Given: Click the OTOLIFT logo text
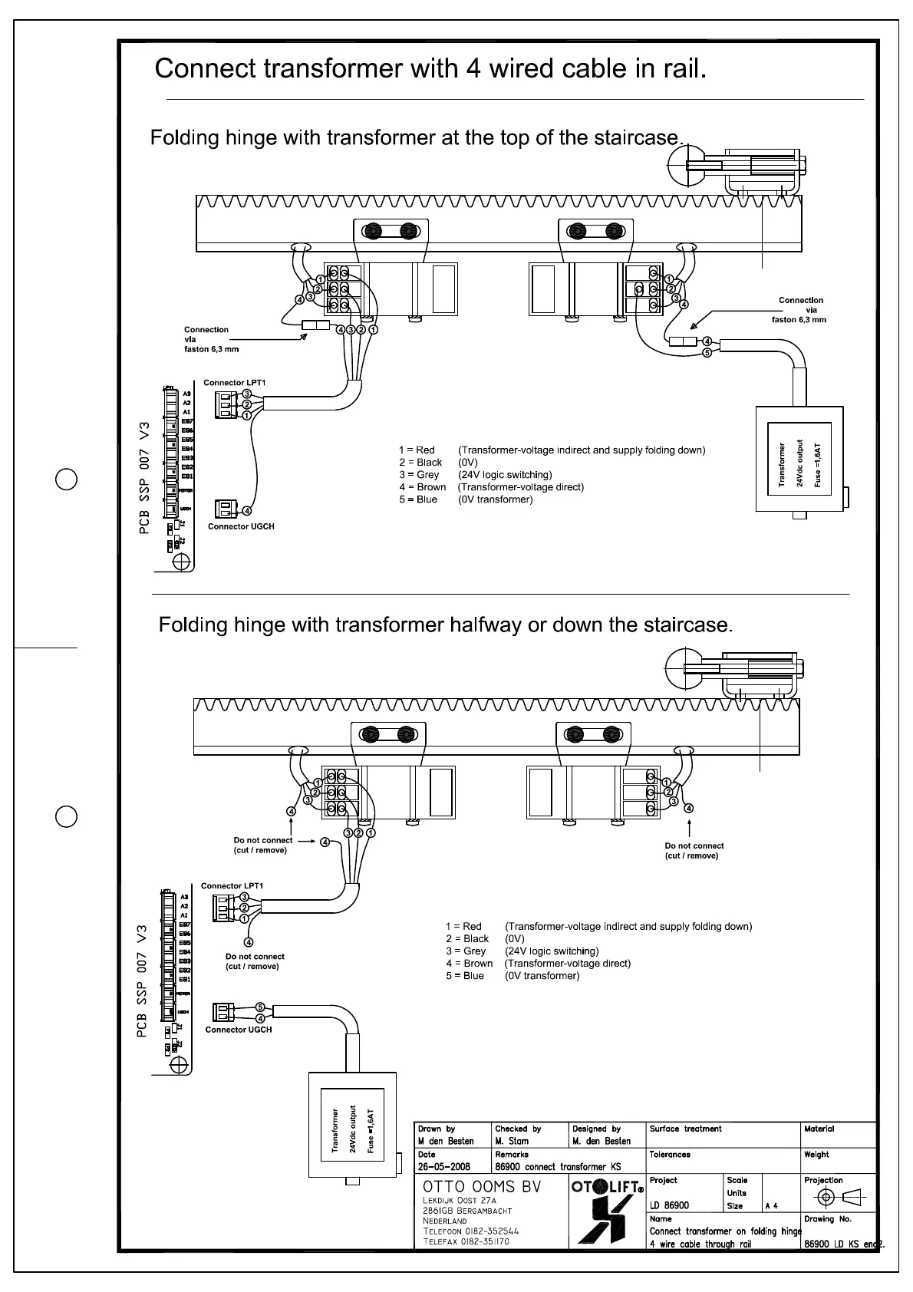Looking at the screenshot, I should tap(607, 1188).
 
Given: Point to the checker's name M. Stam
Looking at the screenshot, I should tap(513, 1141).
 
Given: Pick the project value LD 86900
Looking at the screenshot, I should tap(669, 1205).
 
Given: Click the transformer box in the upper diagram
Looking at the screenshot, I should tap(800, 459).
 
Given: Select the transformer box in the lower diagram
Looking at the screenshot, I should tap(353, 1124).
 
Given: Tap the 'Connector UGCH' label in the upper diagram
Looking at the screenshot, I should tap(241, 526).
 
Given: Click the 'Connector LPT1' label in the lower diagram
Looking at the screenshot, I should tap(232, 885).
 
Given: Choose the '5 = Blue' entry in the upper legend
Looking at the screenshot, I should tap(417, 499).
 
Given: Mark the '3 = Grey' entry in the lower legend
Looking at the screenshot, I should tap(465, 951).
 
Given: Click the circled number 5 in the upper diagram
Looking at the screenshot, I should tap(707, 353).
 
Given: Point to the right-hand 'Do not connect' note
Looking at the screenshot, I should tap(694, 850).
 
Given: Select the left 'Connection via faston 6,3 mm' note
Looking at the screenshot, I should tap(210, 339).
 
